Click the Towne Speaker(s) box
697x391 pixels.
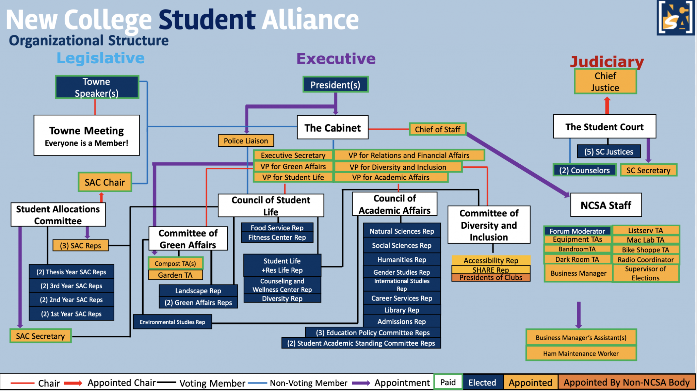(x=97, y=87)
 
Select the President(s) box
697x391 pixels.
(x=335, y=85)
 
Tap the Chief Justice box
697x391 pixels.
(x=605, y=82)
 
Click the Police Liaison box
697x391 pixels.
(x=246, y=141)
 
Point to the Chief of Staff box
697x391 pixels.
(x=437, y=129)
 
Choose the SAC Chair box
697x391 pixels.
(x=105, y=182)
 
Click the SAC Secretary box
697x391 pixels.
(x=40, y=336)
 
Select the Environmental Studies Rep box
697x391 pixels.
(x=172, y=322)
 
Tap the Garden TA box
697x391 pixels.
(x=175, y=275)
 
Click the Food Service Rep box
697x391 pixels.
(x=277, y=228)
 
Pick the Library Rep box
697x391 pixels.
(x=402, y=310)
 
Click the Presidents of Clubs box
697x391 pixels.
(x=490, y=278)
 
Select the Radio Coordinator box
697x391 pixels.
(x=646, y=260)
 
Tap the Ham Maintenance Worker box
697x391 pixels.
(x=581, y=354)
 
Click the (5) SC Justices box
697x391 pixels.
(x=609, y=152)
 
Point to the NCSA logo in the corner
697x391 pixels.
(x=675, y=18)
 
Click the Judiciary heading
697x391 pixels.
(x=607, y=62)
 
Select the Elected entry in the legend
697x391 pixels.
(x=482, y=382)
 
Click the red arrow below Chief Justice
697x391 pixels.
(x=607, y=105)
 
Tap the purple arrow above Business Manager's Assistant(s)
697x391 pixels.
(x=579, y=315)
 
